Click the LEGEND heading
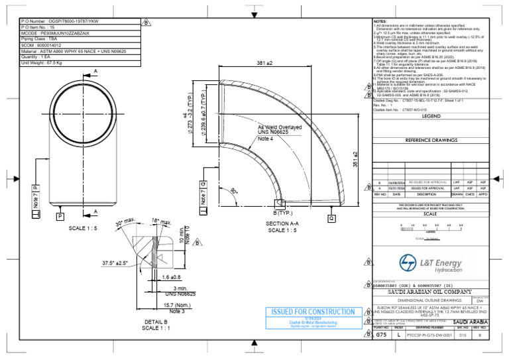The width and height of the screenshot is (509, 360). point(431,116)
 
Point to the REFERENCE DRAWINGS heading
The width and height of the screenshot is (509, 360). point(431,141)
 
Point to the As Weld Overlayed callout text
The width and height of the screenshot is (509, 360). point(280,127)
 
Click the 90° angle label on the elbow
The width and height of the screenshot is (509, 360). point(235,191)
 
